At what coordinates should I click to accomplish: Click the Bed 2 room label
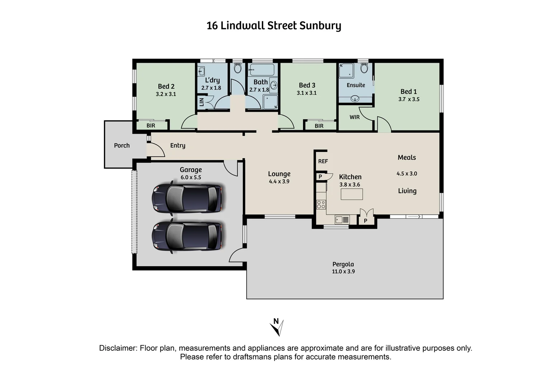(166, 86)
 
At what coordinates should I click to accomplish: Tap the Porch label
(122, 145)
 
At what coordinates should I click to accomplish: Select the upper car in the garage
(186, 198)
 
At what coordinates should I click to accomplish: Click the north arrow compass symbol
(277, 327)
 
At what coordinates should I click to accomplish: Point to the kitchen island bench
(351, 194)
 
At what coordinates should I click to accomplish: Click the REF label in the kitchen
(323, 161)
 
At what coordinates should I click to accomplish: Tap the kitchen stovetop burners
(321, 205)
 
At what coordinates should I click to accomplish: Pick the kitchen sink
(342, 219)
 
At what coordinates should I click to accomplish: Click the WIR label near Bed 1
(354, 117)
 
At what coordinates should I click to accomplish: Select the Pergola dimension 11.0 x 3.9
(343, 272)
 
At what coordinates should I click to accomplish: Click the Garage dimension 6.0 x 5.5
(191, 177)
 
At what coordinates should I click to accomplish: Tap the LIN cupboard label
(201, 102)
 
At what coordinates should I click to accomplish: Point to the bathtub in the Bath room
(262, 70)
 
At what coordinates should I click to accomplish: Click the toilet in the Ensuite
(364, 68)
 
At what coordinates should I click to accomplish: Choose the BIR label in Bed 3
(319, 126)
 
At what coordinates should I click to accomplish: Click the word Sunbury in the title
(320, 26)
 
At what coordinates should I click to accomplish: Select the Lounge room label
(279, 174)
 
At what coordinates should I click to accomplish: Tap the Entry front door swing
(156, 150)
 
